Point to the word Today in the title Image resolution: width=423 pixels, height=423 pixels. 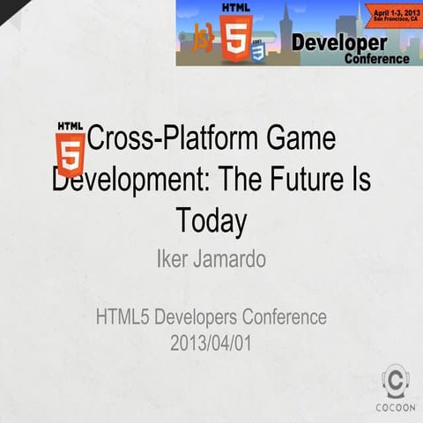211,219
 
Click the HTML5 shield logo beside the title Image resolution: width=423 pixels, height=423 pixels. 70,146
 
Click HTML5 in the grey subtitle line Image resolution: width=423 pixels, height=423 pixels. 123,316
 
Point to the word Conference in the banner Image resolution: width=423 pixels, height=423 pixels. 376,58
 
